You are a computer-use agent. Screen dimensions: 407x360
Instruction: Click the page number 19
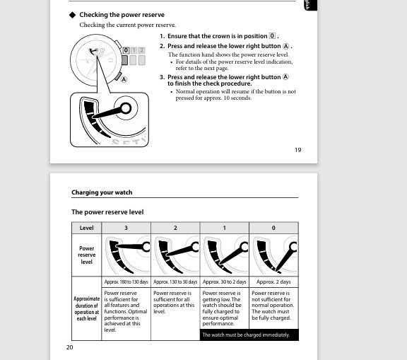pos(297,150)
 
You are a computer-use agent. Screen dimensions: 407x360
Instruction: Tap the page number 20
pos(69,347)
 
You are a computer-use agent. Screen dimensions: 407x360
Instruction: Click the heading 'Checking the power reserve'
pos(122,15)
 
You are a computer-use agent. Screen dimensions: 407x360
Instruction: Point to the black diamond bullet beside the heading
pos(72,15)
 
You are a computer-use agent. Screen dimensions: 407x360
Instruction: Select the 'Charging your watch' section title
pos(102,192)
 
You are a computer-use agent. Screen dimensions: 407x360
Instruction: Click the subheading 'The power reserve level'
pos(107,212)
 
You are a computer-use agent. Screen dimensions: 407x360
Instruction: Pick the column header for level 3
pos(126,228)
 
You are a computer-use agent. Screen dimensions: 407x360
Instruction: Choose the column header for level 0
pos(273,228)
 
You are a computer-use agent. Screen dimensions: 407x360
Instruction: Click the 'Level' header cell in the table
pos(86,228)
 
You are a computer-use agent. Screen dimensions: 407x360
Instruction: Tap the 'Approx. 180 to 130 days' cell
pos(126,281)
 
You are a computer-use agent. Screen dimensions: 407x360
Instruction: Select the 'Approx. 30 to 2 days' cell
pos(225,281)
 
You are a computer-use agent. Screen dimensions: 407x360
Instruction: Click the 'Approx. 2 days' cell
pos(273,281)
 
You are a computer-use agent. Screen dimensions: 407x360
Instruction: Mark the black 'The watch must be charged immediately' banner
pos(249,335)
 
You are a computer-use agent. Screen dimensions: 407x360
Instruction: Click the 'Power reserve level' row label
pos(86,255)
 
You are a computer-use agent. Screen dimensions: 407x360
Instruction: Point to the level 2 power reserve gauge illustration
pos(175,255)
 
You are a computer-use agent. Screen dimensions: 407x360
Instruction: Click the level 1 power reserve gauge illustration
pos(225,255)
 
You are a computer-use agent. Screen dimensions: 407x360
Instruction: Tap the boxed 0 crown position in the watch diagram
pos(126,50)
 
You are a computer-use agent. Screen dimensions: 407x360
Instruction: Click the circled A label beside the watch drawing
pos(124,79)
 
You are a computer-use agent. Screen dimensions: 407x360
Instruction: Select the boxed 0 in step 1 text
pos(272,36)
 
